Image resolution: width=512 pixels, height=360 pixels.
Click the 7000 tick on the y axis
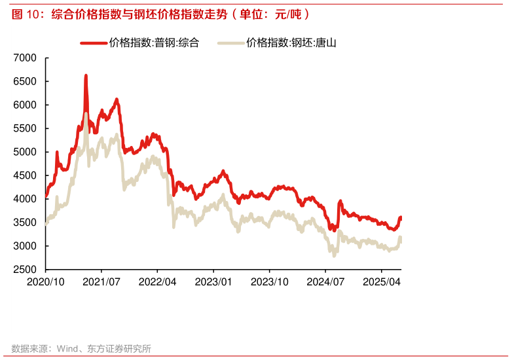pyautogui.click(x=26, y=58)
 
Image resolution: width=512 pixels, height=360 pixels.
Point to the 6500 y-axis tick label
pyautogui.click(x=26, y=82)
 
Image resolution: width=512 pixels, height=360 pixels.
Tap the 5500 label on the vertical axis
pyautogui.click(x=26, y=129)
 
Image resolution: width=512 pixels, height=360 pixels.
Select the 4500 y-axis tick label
pyautogui.click(x=26, y=175)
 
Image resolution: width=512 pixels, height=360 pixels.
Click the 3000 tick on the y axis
pyautogui.click(x=26, y=246)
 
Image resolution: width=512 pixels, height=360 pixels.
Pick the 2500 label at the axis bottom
pyautogui.click(x=26, y=270)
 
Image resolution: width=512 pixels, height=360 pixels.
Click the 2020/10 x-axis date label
pyautogui.click(x=45, y=281)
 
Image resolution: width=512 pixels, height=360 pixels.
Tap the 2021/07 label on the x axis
pyautogui.click(x=101, y=281)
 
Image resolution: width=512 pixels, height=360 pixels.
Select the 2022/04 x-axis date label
pyautogui.click(x=158, y=281)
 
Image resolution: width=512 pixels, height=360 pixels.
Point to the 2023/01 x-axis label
pyautogui.click(x=213, y=281)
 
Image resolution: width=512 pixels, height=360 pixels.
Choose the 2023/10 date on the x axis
pyautogui.click(x=270, y=281)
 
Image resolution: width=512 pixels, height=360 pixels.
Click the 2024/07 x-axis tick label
pyautogui.click(x=326, y=281)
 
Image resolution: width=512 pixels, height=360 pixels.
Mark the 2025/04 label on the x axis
pyautogui.click(x=382, y=281)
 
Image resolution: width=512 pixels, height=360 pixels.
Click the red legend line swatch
pyautogui.click(x=94, y=43)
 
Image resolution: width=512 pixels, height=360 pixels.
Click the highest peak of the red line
pyautogui.click(x=86, y=76)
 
